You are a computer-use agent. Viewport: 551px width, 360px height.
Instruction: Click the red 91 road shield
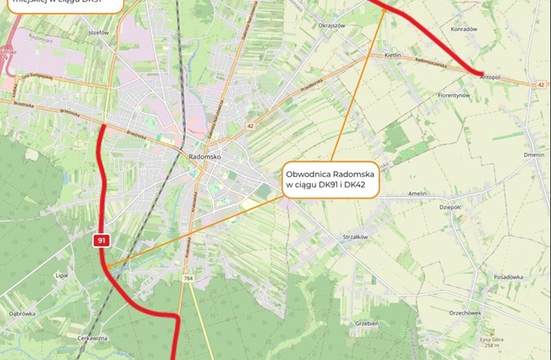click(x=102, y=241)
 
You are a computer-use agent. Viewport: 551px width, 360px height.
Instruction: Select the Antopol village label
click(x=490, y=77)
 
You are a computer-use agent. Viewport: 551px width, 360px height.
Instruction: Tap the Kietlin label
click(x=393, y=54)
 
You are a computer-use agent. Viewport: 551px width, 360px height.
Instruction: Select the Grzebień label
click(x=367, y=323)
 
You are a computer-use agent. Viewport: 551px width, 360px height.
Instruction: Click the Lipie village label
click(x=61, y=275)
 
